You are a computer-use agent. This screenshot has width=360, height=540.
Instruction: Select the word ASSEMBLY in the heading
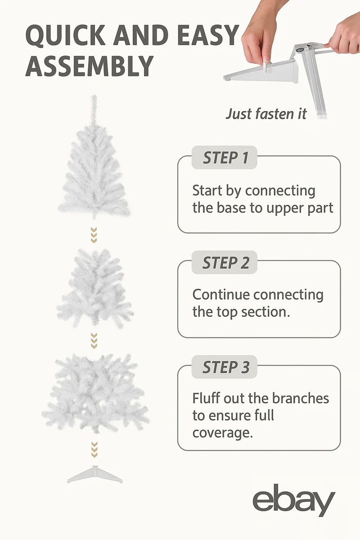(90, 66)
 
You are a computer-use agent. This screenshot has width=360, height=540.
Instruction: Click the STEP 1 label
(225, 157)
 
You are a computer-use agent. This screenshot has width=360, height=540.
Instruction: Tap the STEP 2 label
(226, 262)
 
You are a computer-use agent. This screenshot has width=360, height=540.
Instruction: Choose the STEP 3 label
(226, 367)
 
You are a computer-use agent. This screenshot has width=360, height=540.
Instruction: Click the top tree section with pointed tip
(94, 157)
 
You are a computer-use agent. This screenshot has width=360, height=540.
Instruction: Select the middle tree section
(95, 289)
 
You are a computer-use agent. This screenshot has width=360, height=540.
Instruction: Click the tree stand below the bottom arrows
(95, 474)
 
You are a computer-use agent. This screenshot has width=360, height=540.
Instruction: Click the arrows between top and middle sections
(94, 235)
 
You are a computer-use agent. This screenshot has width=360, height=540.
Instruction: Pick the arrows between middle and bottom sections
(94, 341)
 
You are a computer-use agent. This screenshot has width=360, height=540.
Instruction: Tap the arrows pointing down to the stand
(94, 450)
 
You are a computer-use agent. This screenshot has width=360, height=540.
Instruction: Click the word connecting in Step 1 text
(280, 191)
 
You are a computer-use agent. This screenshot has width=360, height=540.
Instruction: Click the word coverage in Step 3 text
(223, 433)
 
